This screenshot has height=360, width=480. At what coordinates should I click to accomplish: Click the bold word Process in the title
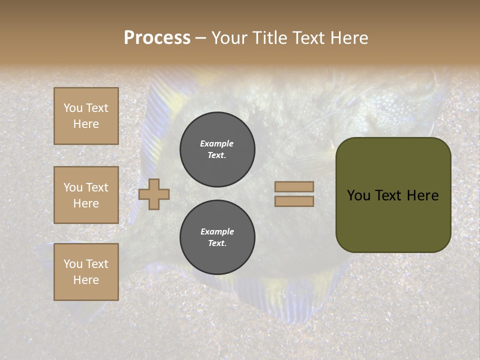click(x=157, y=38)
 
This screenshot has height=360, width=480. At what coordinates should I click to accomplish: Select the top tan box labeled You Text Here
click(x=86, y=116)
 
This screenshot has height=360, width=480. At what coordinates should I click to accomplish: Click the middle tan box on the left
click(x=86, y=195)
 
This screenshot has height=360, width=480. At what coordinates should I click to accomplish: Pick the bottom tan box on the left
click(x=86, y=272)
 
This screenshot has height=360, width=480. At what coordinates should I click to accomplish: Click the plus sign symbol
click(x=154, y=194)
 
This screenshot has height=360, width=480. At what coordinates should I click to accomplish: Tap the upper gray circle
click(x=217, y=149)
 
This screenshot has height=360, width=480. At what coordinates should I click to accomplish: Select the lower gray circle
click(x=217, y=237)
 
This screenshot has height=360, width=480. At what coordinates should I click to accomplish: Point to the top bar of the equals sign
click(x=294, y=187)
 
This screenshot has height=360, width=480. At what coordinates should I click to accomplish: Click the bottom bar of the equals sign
click(x=294, y=201)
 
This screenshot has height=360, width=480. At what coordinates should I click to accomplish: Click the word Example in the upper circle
click(x=217, y=143)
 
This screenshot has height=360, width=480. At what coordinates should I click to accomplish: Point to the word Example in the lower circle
click(x=217, y=231)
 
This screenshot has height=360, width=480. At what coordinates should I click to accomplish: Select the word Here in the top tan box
click(x=86, y=124)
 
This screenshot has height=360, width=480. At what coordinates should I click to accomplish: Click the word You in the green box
click(x=358, y=195)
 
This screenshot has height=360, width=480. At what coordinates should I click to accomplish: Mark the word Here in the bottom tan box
click(x=86, y=280)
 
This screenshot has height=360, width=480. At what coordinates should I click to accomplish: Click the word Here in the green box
click(x=423, y=195)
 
